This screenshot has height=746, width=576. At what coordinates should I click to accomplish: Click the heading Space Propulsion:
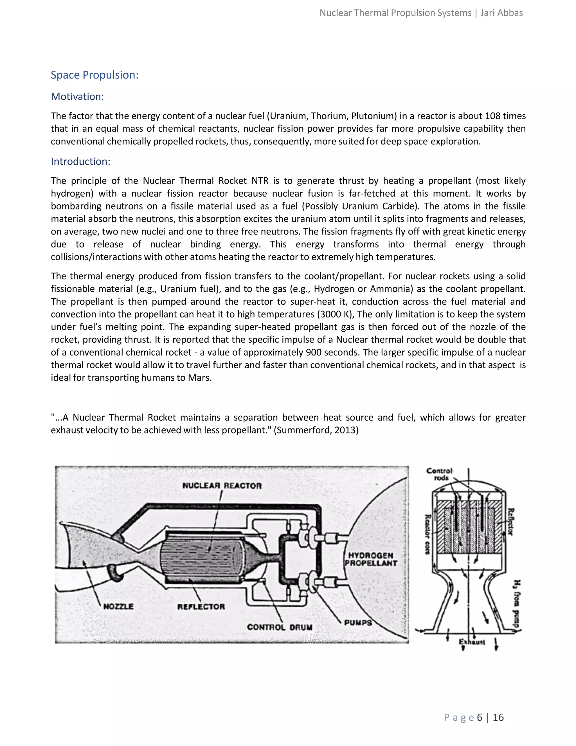(94, 75)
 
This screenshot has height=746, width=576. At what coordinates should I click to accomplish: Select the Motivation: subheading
(77, 97)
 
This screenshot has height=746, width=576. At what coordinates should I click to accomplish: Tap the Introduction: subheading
(80, 161)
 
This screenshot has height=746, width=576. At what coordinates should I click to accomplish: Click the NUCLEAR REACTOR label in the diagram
(222, 485)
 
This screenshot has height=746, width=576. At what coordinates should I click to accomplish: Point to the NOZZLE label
(118, 606)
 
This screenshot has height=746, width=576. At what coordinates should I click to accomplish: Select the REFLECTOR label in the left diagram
(201, 607)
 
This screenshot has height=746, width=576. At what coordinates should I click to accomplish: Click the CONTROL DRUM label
(280, 627)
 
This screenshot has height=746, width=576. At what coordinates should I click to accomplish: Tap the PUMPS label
(358, 622)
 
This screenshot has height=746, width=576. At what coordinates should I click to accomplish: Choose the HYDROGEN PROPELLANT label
(371, 560)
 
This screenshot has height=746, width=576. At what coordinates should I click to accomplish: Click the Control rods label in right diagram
(440, 474)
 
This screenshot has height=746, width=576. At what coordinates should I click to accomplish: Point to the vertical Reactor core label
(427, 534)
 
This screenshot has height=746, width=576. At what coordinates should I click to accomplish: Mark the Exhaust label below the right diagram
(472, 642)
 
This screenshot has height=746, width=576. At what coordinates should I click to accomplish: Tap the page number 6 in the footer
(480, 717)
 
